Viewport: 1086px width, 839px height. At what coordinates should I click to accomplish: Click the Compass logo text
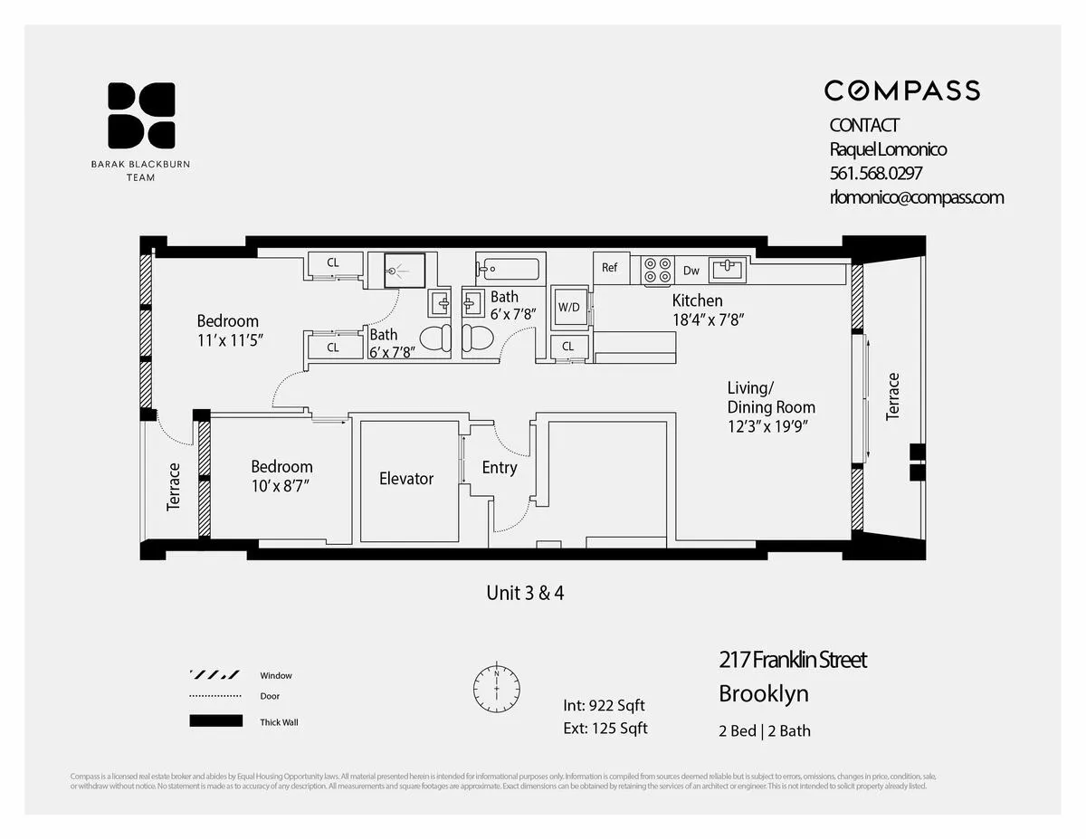[x=901, y=91]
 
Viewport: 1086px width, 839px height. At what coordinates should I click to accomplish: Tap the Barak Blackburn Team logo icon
[x=141, y=115]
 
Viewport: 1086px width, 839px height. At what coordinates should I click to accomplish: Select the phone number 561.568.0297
[x=875, y=173]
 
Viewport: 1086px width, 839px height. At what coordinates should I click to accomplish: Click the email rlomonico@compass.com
[x=916, y=197]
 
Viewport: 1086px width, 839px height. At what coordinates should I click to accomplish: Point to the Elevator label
[x=406, y=479]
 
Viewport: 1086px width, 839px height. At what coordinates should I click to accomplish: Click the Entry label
[x=499, y=468]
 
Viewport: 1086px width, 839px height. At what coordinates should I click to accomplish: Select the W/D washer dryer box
[x=568, y=308]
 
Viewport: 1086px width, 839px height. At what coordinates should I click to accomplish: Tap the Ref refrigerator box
[x=610, y=269]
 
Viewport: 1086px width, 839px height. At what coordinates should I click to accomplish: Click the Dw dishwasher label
[x=691, y=270]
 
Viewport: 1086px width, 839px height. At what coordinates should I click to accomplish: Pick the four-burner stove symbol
[x=658, y=270]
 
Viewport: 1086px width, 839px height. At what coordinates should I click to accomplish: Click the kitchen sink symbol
[x=728, y=269]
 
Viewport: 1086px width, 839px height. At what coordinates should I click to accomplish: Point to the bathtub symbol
[x=508, y=269]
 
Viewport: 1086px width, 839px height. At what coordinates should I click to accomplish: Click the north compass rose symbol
[x=497, y=689]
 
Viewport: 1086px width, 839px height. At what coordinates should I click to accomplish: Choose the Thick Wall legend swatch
[x=215, y=721]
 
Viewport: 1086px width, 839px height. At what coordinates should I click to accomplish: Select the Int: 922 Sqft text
[x=604, y=706]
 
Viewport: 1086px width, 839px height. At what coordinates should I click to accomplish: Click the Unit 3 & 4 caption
[x=526, y=593]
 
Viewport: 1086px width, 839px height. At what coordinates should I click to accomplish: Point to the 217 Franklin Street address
[x=792, y=660]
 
